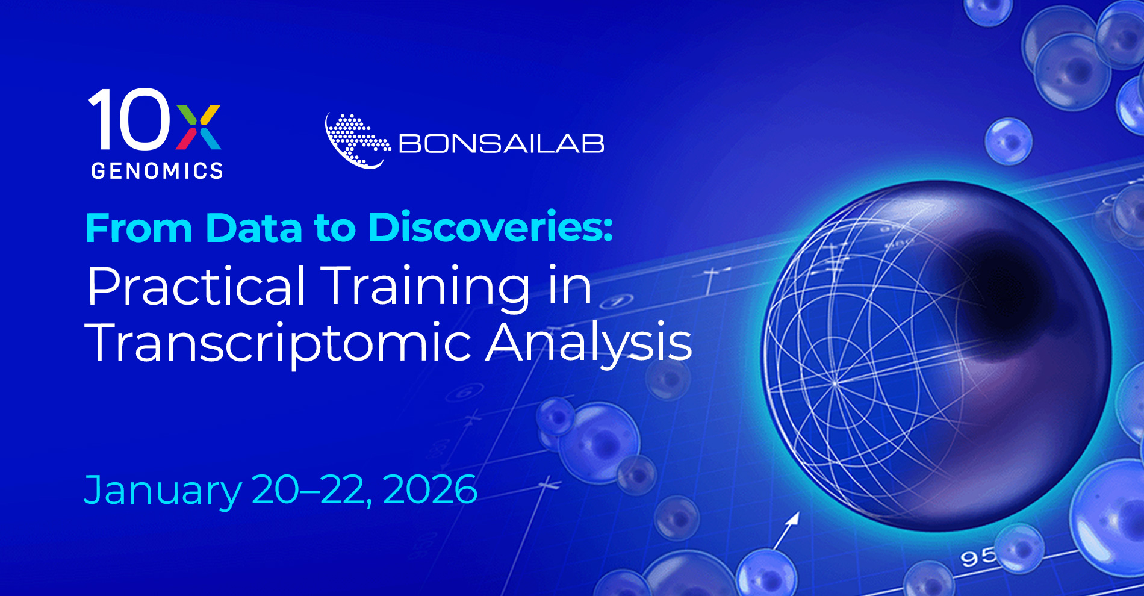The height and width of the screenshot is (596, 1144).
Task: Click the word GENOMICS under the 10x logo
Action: point(157,171)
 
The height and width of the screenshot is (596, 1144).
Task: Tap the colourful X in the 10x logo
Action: point(199,127)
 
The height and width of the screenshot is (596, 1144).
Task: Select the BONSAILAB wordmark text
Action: point(502,144)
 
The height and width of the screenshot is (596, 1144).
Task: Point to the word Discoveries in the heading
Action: point(490,228)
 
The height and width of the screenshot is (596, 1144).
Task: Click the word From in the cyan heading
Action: point(139,229)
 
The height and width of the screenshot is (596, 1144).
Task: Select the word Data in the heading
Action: point(253,229)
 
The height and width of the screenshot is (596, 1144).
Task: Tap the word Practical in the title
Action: point(196,287)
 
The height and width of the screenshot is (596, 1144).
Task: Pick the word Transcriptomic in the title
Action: point(279,343)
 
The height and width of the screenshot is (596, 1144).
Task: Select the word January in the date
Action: point(163,491)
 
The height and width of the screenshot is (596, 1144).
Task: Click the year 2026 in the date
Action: point(430,489)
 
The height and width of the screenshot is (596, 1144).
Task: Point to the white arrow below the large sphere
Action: point(787,530)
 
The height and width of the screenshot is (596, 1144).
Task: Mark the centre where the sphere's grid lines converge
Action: point(836,383)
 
